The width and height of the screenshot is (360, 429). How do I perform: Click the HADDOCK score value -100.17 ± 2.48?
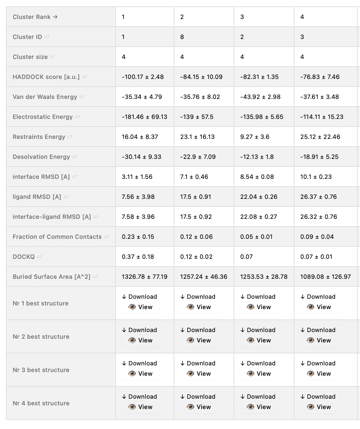tap(143, 77)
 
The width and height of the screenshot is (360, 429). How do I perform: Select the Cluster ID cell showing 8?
tap(182, 37)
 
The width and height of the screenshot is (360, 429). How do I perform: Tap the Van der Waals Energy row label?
tap(45, 97)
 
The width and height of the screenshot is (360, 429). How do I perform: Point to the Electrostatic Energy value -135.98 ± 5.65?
tap(262, 117)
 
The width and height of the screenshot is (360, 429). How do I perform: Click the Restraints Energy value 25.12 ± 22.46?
tap(320, 137)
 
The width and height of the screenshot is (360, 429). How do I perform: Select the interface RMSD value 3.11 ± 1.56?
tap(137, 177)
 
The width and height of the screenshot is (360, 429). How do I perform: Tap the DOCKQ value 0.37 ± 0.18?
tap(138, 257)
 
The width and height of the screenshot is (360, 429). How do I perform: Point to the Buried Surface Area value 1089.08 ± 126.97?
tap(325, 277)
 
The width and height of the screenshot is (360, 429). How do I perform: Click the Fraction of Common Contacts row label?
tap(57, 237)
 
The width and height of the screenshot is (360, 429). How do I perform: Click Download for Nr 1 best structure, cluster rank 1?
tap(139, 297)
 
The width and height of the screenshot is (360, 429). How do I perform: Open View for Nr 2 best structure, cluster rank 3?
tap(259, 340)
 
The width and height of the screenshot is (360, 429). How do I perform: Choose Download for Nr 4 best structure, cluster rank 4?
tap(318, 397)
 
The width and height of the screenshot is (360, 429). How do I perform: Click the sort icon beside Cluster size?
tap(52, 57)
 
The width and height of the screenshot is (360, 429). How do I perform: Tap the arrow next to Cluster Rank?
tap(55, 17)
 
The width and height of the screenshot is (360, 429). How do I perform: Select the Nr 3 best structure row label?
tap(41, 370)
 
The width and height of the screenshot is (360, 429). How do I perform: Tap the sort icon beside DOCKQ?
tap(40, 257)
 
